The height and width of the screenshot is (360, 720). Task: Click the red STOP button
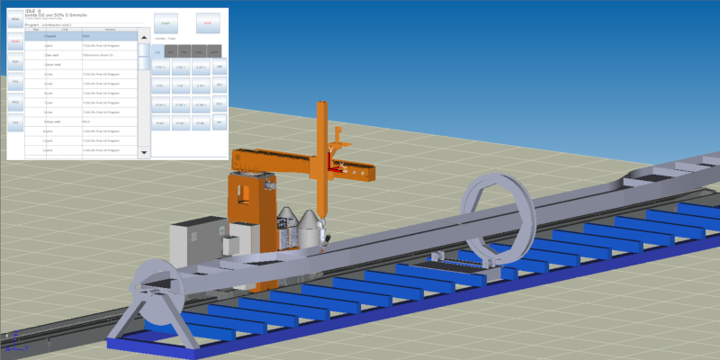[209, 23]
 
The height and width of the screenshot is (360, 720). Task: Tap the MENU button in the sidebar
[15, 20]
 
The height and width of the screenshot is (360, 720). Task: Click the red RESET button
[15, 41]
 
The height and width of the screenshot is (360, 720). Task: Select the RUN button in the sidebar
[15, 62]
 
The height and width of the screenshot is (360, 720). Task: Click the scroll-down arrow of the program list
[144, 153]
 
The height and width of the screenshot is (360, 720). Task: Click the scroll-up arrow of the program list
[144, 37]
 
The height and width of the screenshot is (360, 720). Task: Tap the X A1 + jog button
[161, 67]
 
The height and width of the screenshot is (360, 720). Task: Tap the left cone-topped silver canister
[290, 229]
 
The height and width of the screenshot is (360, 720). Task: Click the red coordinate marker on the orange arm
[335, 166]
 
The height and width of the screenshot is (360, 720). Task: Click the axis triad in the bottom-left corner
[13, 342]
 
